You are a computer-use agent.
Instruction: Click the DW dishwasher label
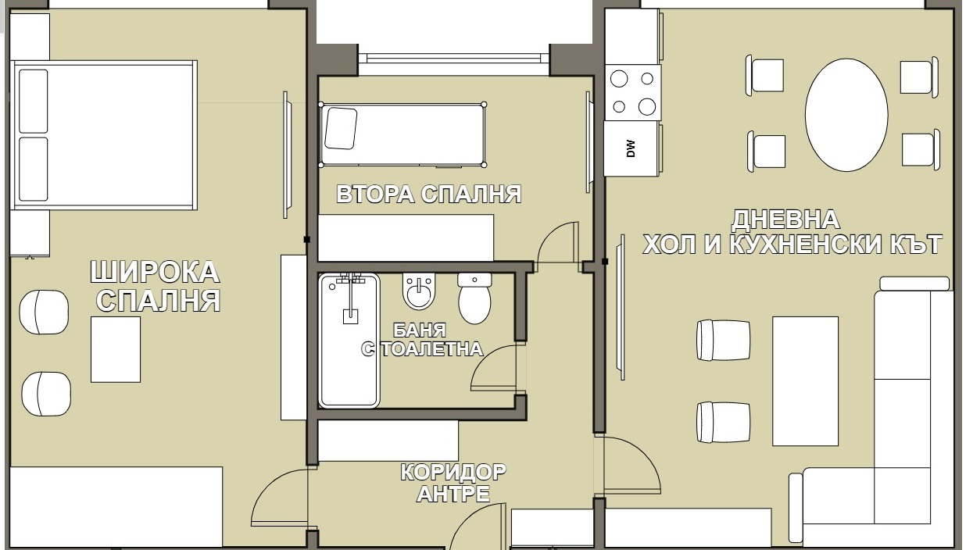click(631, 148)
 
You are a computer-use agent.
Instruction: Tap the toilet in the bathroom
click(474, 298)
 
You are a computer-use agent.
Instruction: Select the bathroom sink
click(419, 291)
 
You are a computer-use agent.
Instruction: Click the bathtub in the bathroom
click(349, 340)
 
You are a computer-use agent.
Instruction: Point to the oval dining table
click(846, 115)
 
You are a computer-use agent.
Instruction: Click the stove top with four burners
click(633, 92)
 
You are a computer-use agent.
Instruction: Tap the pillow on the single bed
click(341, 128)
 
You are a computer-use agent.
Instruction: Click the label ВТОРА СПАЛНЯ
click(428, 194)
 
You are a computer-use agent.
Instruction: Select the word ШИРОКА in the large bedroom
click(155, 272)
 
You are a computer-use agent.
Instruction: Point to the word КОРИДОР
click(453, 472)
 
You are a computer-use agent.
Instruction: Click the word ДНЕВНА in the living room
click(785, 220)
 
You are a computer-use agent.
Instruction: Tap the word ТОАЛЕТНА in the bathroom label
click(432, 349)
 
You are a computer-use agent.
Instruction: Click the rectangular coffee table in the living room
click(805, 381)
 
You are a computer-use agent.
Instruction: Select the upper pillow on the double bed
click(33, 102)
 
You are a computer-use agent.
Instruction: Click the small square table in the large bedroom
click(116, 349)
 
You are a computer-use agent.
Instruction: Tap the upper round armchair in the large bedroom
click(44, 312)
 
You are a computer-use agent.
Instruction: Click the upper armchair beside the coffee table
click(723, 340)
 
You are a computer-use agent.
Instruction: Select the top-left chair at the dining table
click(765, 76)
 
